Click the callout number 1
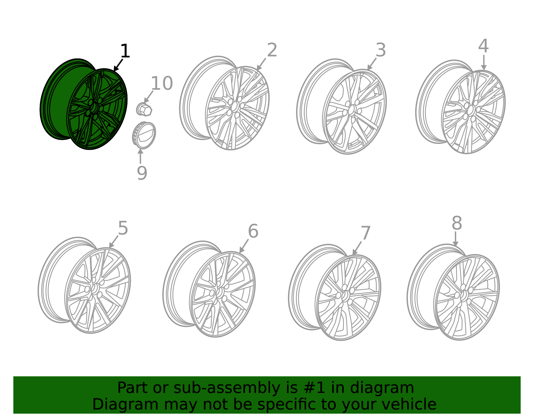[125, 51]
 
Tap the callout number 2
[272, 50]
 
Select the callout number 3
[381, 50]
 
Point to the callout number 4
[483, 46]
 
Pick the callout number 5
[123, 228]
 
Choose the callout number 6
[253, 231]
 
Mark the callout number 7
[365, 233]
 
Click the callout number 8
[457, 223]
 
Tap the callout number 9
[142, 173]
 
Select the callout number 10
[162, 83]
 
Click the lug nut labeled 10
[144, 110]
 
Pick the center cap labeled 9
[144, 135]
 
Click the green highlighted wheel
[83, 104]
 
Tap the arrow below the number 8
[455, 239]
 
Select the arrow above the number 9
[140, 156]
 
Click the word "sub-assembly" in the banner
[227, 388]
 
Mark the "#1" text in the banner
[314, 388]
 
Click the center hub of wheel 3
[352, 110]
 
